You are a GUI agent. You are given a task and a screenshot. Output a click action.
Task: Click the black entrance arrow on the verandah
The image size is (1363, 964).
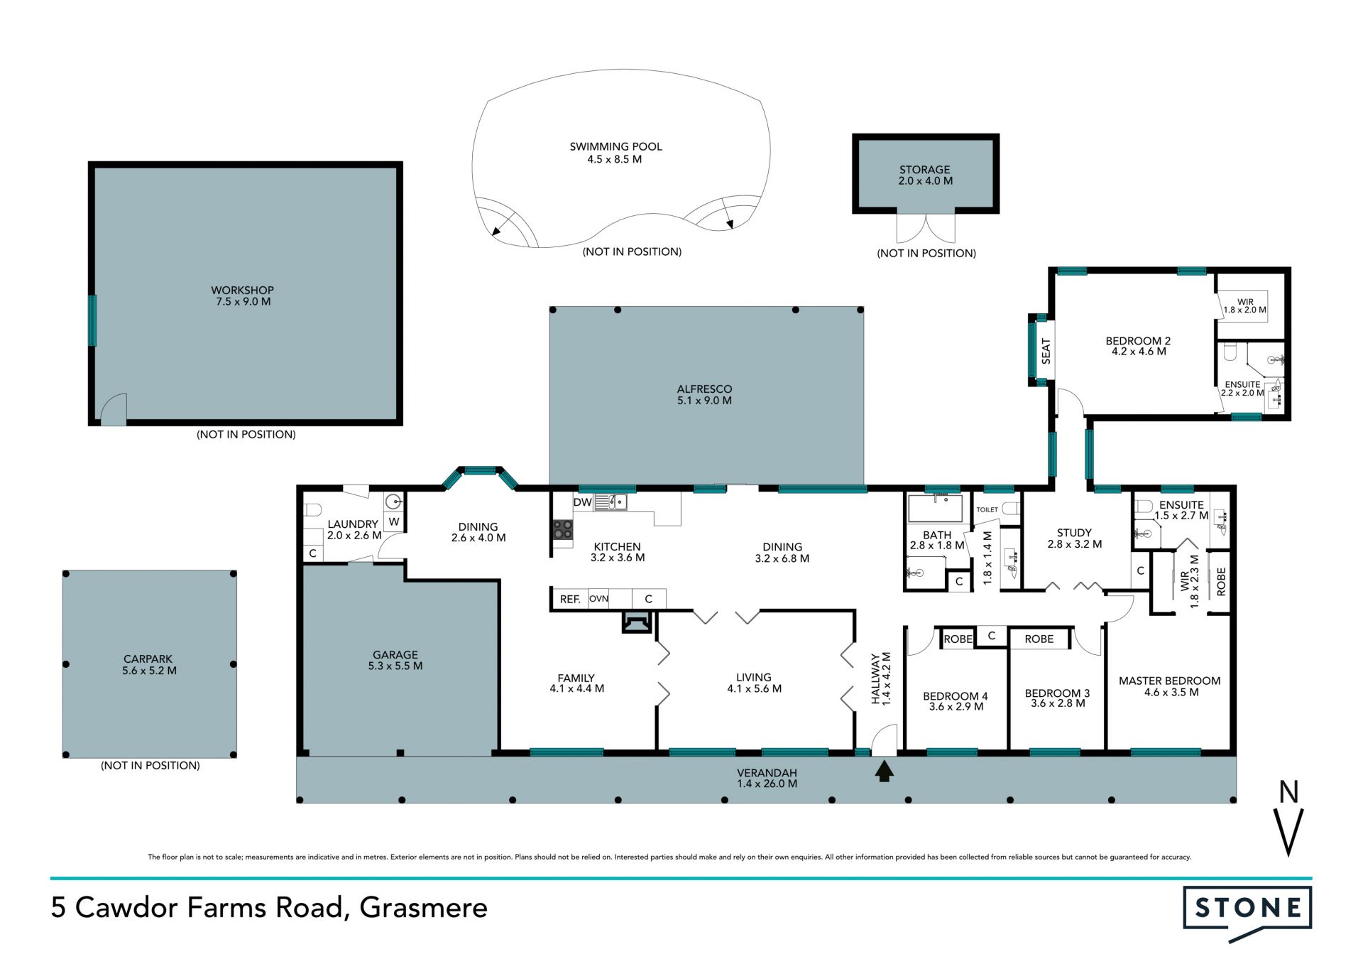[x=884, y=771]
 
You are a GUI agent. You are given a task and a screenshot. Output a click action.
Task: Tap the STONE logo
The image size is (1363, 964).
[x=1247, y=914]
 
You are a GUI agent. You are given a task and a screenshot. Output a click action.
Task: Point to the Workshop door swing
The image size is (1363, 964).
[x=114, y=410]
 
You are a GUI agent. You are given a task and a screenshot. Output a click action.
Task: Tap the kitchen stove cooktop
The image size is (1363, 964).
[x=563, y=529]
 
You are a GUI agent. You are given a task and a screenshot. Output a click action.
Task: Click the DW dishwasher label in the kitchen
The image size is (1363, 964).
[x=583, y=502]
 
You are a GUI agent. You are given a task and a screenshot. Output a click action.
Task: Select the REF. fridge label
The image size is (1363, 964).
[x=570, y=599]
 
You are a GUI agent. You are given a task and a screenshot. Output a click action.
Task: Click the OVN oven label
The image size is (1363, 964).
[x=598, y=598]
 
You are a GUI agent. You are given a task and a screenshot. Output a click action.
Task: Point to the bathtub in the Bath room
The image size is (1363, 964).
[x=936, y=509]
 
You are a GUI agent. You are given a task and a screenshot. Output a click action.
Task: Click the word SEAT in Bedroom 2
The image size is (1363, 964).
[x=1046, y=352]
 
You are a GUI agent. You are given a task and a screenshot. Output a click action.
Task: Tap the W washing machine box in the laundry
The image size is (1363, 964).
[x=394, y=521]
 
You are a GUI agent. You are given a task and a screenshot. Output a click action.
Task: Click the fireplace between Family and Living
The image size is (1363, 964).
[x=637, y=622]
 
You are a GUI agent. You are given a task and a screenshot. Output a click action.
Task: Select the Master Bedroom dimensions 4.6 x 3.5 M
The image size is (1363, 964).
[x=1171, y=692]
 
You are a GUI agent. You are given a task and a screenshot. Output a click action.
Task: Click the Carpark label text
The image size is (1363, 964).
[x=148, y=659]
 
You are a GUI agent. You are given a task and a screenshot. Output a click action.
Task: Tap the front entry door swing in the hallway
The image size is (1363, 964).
[x=885, y=740]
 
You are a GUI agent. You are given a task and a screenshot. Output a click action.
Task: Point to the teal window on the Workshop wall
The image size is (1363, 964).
[x=92, y=320]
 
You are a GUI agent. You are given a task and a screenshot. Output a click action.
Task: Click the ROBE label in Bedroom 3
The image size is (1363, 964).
[x=1039, y=639]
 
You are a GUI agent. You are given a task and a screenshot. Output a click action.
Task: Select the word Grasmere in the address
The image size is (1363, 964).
[x=424, y=908]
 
